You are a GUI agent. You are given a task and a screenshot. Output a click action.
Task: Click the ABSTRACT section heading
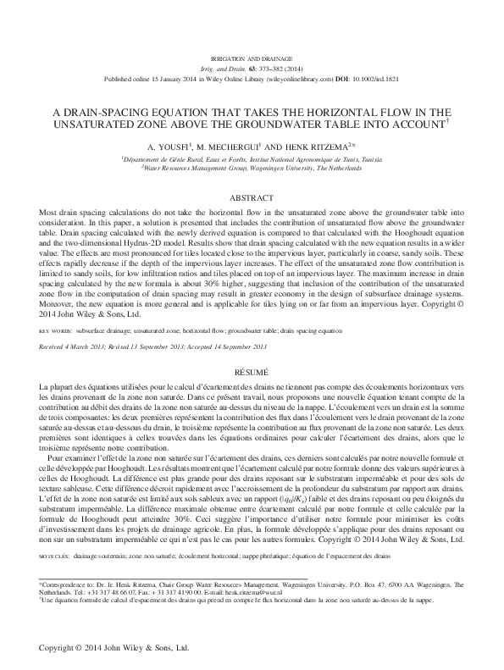[252, 197]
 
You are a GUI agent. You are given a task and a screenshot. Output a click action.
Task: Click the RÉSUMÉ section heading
[252, 372]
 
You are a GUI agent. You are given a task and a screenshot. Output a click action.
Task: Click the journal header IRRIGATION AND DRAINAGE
[252, 58]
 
